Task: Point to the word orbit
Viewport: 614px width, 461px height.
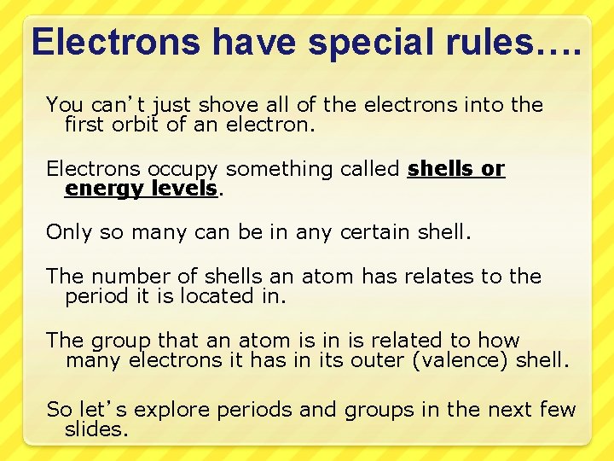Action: pyautogui.click(x=136, y=125)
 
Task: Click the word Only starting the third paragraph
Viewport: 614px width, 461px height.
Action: pyautogui.click(x=68, y=232)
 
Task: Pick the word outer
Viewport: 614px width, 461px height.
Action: pyautogui.click(x=381, y=361)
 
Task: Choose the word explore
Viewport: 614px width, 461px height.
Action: pyautogui.click(x=175, y=411)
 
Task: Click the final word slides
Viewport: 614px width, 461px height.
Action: pyautogui.click(x=96, y=430)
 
